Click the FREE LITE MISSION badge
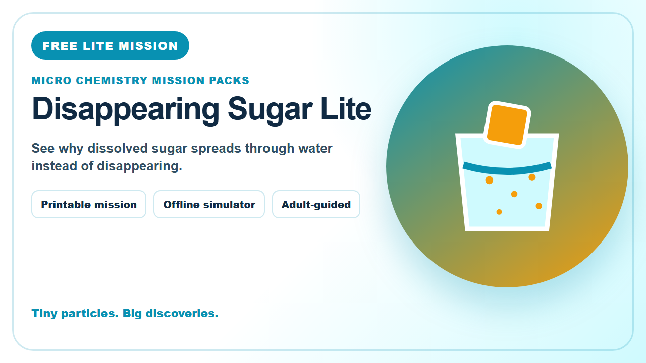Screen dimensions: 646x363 coord(110,45)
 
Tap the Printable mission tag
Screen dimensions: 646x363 coord(89,204)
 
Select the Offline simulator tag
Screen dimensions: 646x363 coord(209,204)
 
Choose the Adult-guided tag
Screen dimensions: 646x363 coord(316,204)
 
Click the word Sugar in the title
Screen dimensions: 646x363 coord(270,110)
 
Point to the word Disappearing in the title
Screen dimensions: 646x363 coord(126,110)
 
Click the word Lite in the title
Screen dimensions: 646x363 coord(346,108)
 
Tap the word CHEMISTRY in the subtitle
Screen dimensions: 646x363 coord(112,80)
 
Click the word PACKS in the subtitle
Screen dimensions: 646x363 coord(229,80)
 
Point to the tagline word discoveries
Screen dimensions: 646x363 coord(182,313)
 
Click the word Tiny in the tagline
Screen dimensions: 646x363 coord(44,314)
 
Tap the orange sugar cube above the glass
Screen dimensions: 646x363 coord(507,125)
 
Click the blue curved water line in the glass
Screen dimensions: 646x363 coord(507,170)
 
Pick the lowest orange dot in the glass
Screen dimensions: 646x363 coord(499,212)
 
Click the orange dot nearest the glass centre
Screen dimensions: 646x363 coord(514,194)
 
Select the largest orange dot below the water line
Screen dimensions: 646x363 coord(489,180)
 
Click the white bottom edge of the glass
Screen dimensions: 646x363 coord(507,229)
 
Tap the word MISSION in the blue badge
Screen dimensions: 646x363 coord(148,46)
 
